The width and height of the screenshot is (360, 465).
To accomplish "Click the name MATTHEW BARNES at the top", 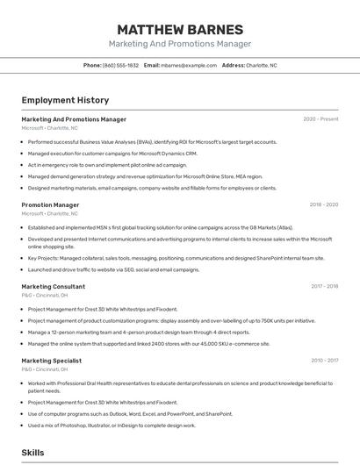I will coord(179,28).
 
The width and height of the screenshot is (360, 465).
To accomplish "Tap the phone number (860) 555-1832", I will coord(120,65).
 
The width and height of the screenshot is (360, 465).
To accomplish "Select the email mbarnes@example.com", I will coord(188,65).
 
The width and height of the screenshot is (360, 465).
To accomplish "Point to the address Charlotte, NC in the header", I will coord(261,65).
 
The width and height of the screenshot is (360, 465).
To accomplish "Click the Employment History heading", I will coord(65,100).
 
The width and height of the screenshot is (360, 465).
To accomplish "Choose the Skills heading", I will coord(33,453).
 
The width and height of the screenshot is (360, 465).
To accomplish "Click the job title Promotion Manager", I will coord(50,204).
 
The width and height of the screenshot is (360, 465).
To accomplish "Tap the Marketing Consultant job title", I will coord(54,286).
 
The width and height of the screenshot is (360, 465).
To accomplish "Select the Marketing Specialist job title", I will coord(52,360).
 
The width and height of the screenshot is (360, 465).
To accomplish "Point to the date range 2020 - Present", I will coord(320,119).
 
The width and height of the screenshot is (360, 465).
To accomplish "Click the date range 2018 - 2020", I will coord(323,204).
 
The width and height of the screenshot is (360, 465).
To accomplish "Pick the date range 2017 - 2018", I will coord(324,286).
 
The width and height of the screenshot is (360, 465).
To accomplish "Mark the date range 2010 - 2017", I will coord(324,360).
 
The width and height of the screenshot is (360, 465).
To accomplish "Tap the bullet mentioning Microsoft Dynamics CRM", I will coord(111,153).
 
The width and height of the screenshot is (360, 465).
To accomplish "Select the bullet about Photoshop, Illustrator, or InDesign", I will coord(112,426).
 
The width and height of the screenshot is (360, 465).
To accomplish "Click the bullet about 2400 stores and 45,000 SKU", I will coord(148,344).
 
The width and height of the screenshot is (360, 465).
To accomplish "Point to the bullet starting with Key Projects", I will coord(176,258).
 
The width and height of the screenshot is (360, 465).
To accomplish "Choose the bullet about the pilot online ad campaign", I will coord(107,164).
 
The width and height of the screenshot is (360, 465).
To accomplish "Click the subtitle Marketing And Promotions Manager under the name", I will coord(179,44).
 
